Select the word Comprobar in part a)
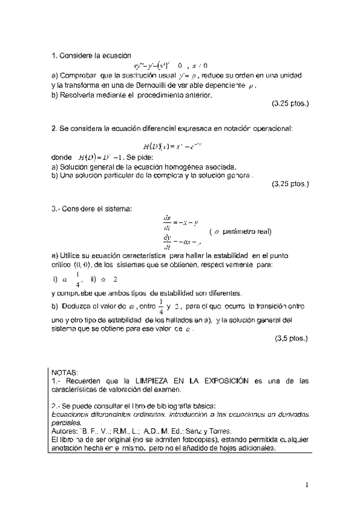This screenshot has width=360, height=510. pyautogui.click(x=78, y=76)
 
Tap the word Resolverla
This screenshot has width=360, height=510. pyautogui.click(x=78, y=94)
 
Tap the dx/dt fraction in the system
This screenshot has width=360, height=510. pyautogui.click(x=167, y=221)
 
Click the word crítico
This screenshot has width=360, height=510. pyautogui.click(x=62, y=265)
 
